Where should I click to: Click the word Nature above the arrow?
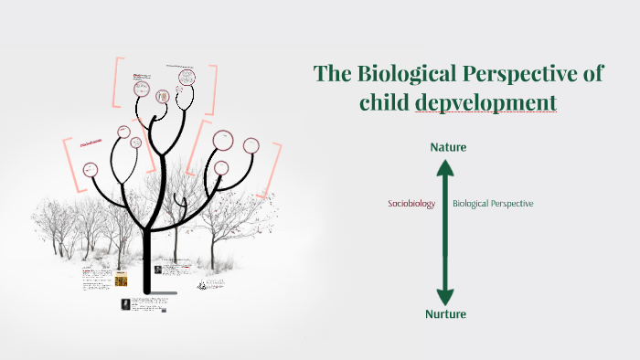pyautogui.click(x=447, y=146)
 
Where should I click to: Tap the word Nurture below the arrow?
pyautogui.click(x=446, y=314)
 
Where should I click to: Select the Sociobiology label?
pyautogui.click(x=411, y=204)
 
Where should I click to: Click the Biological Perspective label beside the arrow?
pyautogui.click(x=493, y=204)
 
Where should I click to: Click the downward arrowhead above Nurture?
pyautogui.click(x=444, y=296)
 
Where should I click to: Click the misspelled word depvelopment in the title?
pyautogui.click(x=485, y=103)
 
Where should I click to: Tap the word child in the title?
pyautogui.click(x=384, y=103)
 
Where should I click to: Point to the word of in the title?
pyautogui.click(x=593, y=74)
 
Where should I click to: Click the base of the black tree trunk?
pyautogui.click(x=146, y=291)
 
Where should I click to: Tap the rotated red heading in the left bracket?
pyautogui.click(x=90, y=143)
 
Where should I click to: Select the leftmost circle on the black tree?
pyautogui.click(x=91, y=169)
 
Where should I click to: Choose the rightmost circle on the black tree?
pyautogui.click(x=251, y=145)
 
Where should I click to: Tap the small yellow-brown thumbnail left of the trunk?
pyautogui.click(x=121, y=281)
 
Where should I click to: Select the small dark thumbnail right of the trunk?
pyautogui.click(x=158, y=270)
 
